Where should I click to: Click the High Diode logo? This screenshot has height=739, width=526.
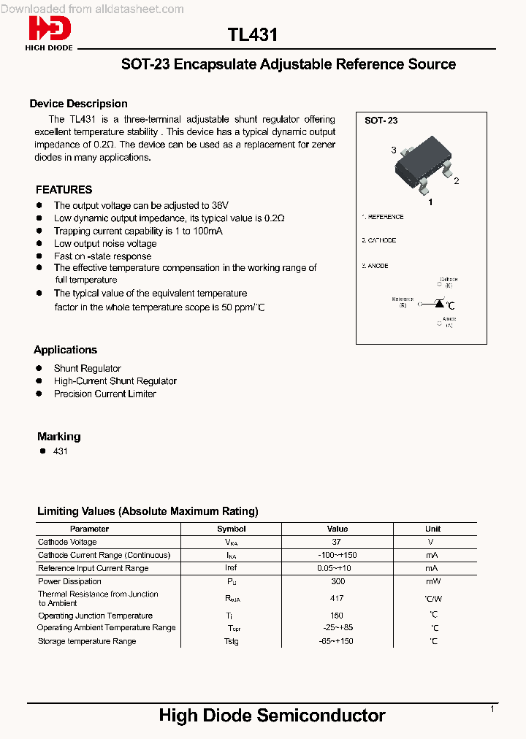pyautogui.click(x=50, y=33)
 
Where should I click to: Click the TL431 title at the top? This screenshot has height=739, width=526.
pyautogui.click(x=252, y=35)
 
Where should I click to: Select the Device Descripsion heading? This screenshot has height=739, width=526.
pyautogui.click(x=78, y=104)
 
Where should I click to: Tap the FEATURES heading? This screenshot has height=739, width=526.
pyautogui.click(x=64, y=189)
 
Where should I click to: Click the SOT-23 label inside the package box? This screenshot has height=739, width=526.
pyautogui.click(x=381, y=120)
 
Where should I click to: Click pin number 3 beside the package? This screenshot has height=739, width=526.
pyautogui.click(x=394, y=150)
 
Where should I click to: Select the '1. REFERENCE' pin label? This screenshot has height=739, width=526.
pyautogui.click(x=384, y=217)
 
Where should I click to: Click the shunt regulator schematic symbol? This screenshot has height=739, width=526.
pyautogui.click(x=438, y=303)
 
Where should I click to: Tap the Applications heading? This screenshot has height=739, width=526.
pyautogui.click(x=65, y=350)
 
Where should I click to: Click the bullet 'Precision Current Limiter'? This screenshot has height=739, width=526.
pyautogui.click(x=104, y=394)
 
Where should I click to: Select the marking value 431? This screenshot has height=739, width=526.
pyautogui.click(x=61, y=451)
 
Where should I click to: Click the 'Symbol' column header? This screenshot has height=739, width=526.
pyautogui.click(x=232, y=529)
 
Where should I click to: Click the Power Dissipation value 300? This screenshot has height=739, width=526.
pyautogui.click(x=338, y=581)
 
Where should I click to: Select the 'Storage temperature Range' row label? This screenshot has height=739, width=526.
pyautogui.click(x=87, y=641)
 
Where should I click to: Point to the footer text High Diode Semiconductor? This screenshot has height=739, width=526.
pyautogui.click(x=272, y=716)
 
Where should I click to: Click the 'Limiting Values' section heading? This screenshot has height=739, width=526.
pyautogui.click(x=148, y=511)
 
